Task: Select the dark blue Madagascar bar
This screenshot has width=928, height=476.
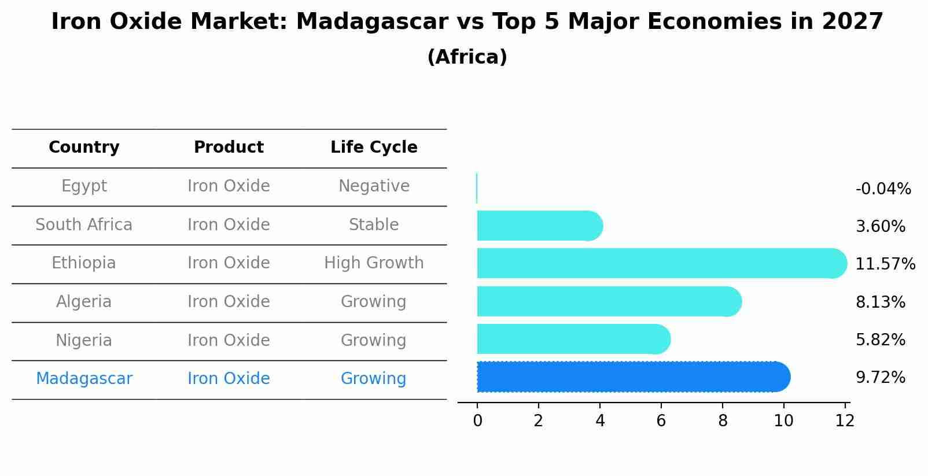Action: tap(631, 377)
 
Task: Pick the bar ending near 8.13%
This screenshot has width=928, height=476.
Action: tap(607, 301)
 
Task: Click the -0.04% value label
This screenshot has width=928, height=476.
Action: tap(883, 189)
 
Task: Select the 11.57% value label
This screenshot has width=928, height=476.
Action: tap(885, 264)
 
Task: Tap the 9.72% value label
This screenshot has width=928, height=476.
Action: tap(880, 378)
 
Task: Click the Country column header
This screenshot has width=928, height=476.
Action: tap(84, 147)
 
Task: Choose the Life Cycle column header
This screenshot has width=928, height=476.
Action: tap(374, 147)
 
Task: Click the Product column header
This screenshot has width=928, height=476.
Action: tap(229, 147)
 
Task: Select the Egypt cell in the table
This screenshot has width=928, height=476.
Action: tap(84, 186)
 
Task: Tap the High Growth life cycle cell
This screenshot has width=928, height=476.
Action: tap(374, 263)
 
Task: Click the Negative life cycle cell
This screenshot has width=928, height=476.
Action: tap(374, 186)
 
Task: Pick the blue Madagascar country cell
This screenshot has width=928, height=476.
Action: tap(84, 379)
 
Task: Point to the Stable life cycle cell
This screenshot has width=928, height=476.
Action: tap(374, 225)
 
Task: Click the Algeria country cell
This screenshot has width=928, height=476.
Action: tap(84, 302)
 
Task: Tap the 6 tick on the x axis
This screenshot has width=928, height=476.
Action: tap(661, 420)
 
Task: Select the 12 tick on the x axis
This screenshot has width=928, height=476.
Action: tap(845, 420)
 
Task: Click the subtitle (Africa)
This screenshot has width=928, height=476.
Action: tap(467, 57)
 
